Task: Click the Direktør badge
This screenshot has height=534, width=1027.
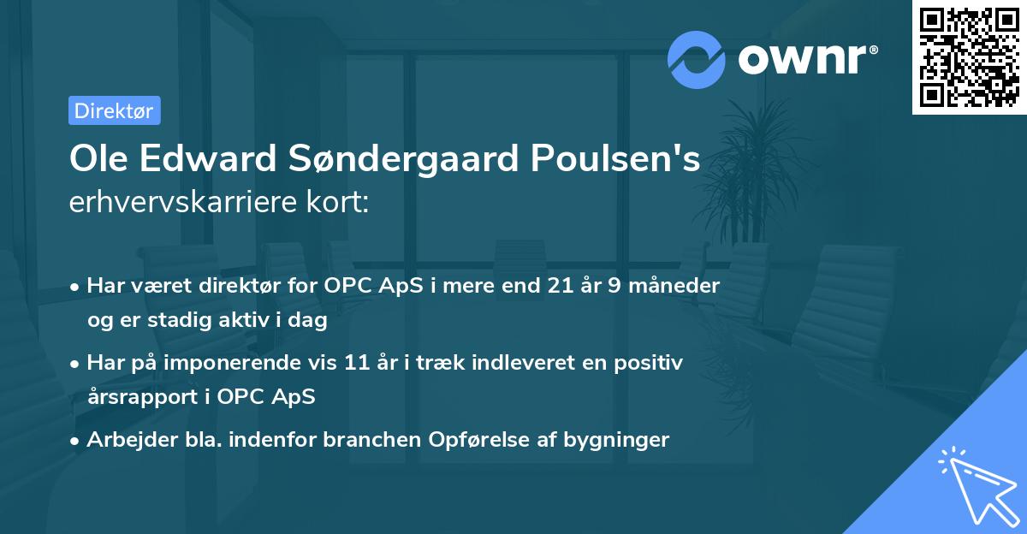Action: click(x=114, y=110)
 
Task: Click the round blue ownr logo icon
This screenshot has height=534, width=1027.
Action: click(x=697, y=60)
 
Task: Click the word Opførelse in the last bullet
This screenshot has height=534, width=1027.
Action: click(x=484, y=440)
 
